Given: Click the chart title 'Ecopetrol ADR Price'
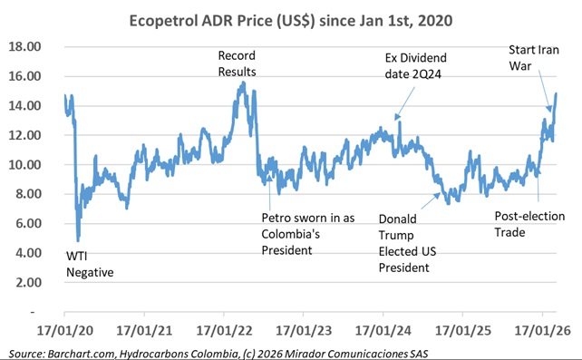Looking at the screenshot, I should (290, 19).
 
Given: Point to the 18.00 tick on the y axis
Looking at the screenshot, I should (24, 47).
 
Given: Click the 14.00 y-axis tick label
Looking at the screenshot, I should (24, 106).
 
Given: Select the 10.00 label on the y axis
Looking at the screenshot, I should (24, 165).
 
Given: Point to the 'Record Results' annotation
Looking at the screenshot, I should (238, 63).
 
